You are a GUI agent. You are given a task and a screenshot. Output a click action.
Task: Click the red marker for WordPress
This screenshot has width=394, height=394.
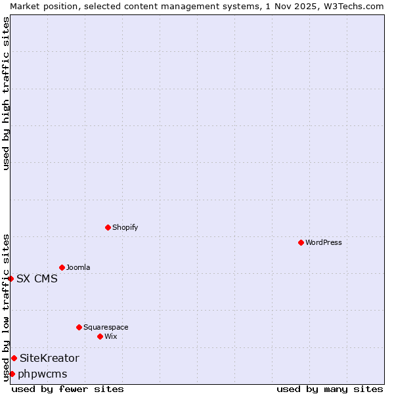click(x=301, y=242)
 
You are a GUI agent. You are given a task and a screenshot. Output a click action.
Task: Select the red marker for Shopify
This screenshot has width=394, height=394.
click(x=108, y=227)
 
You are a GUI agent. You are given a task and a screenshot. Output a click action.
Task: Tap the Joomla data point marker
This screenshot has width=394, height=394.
click(x=62, y=267)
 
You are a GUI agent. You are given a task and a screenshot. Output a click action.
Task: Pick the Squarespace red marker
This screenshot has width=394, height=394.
click(x=79, y=327)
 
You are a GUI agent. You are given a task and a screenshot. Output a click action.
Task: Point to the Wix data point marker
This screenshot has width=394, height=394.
click(x=100, y=336)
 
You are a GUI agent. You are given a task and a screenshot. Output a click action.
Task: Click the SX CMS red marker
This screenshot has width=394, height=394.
click(x=11, y=278)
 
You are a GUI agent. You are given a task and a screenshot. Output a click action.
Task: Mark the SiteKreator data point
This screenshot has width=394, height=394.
click(x=14, y=358)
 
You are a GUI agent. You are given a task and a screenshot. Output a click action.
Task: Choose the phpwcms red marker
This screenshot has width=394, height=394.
click(x=12, y=374)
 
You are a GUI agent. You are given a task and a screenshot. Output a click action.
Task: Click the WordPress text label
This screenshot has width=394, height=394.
click(x=324, y=242)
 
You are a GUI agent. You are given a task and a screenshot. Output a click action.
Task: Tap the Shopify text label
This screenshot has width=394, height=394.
click(x=125, y=227)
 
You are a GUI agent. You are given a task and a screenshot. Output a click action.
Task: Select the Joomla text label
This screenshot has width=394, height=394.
click(x=78, y=267)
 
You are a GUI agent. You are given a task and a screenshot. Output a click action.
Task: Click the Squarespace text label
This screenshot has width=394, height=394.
click(x=106, y=327)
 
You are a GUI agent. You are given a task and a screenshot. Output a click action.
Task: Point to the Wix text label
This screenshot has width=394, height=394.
click(x=111, y=336)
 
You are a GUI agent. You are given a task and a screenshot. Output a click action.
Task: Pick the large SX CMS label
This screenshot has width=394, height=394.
click(x=37, y=278)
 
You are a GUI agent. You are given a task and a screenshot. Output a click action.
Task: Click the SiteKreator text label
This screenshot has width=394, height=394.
click(x=49, y=358)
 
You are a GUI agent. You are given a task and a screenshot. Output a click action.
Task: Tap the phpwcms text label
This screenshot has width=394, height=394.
click(x=43, y=374)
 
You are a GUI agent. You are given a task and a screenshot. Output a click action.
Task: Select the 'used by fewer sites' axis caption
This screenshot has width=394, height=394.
click(x=68, y=389)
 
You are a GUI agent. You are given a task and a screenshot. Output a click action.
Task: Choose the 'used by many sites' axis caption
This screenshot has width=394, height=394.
click(x=330, y=389)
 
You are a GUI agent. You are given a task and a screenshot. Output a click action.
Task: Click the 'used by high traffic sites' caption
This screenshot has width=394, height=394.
click(x=6, y=93)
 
